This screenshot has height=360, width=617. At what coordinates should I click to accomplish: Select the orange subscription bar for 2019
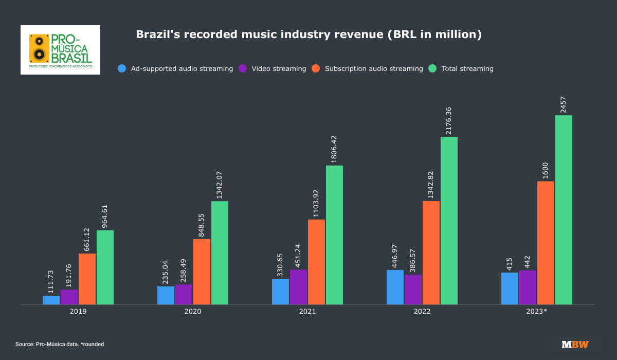coord(87,279)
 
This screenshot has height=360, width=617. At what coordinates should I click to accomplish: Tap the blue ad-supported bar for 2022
coord(395,287)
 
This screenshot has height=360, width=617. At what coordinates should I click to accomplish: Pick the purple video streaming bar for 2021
coord(298,287)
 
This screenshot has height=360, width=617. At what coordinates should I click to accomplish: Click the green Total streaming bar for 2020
coord(220,253)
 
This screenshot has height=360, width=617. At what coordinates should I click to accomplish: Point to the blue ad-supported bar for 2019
coord(51,300)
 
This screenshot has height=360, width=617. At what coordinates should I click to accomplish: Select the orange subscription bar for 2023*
coord(546,243)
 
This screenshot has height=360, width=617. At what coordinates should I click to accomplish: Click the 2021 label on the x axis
coord(307,312)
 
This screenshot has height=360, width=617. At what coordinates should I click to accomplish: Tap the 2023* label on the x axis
coord(537,312)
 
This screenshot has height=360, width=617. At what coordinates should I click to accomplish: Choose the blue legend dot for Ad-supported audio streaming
coord(122,68)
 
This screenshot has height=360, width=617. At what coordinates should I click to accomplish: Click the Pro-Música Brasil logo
coord(60,50)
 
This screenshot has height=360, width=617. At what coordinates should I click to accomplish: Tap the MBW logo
coord(575,344)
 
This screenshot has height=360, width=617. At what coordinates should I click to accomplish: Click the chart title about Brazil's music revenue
coord(308,34)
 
